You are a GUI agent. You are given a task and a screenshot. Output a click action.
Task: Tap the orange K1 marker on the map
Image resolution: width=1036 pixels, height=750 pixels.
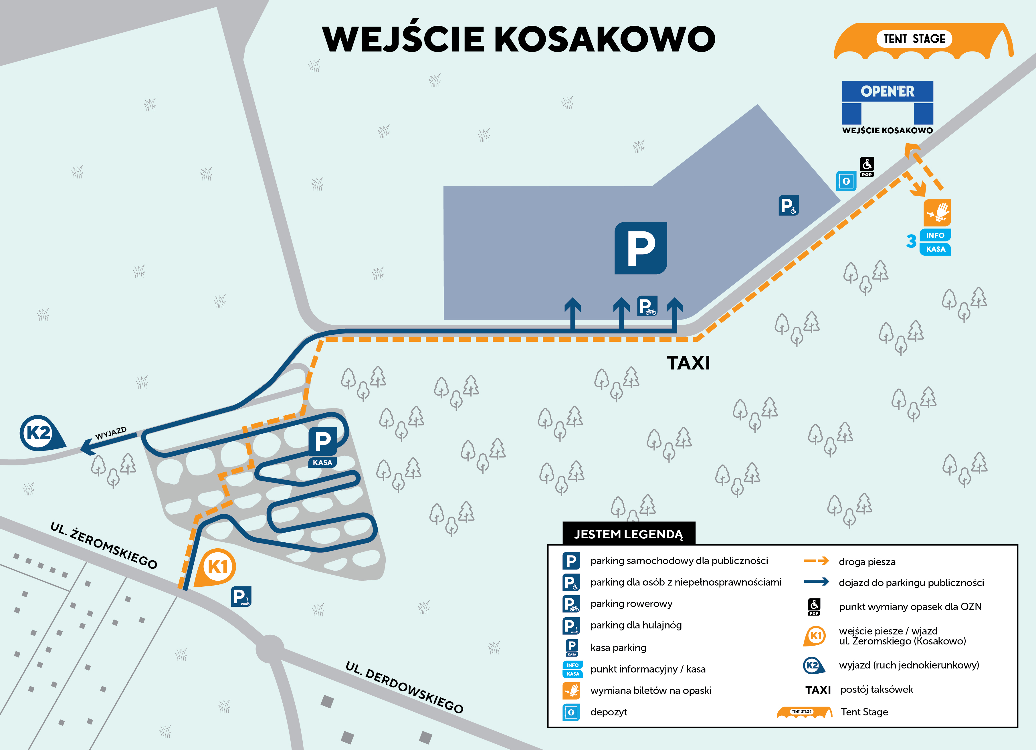[217, 567]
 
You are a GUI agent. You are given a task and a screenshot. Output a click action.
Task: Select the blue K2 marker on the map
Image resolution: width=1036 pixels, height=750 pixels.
[39, 432]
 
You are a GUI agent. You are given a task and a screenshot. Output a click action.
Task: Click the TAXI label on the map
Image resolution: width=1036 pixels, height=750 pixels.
[688, 363]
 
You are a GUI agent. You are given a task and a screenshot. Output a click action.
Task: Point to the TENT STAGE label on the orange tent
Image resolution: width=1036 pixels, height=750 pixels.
[914, 39]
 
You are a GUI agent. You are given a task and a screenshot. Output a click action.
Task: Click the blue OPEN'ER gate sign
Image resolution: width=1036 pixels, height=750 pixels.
[887, 91]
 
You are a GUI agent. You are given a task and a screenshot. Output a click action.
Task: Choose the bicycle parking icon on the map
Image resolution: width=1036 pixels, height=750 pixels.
[647, 306]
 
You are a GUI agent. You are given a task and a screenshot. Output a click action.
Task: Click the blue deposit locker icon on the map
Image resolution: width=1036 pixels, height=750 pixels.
[846, 181]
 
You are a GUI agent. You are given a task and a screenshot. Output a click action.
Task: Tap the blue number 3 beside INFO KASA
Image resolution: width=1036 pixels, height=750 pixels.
[911, 241]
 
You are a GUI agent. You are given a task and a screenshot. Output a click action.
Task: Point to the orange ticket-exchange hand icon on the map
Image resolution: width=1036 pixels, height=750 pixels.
[937, 213]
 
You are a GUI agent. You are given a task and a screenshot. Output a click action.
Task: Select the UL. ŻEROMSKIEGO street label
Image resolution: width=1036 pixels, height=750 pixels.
[104, 545]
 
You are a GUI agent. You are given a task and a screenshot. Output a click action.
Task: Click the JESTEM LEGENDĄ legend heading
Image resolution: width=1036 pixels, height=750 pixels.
[629, 534]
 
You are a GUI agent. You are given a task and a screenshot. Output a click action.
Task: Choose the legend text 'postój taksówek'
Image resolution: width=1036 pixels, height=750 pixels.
[876, 689]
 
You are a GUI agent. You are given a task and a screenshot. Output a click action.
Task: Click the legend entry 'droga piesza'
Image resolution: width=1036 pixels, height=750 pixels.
[867, 562]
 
